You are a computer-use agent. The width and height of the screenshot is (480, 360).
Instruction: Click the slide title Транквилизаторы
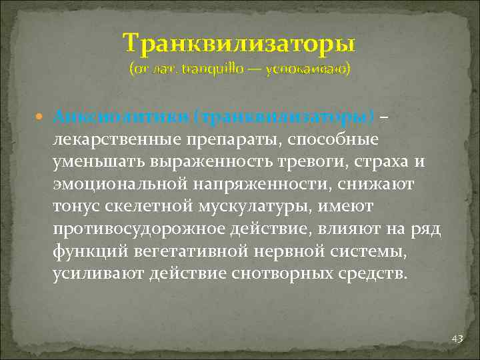[239, 44]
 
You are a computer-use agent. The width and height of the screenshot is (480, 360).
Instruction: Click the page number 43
[457, 339]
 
